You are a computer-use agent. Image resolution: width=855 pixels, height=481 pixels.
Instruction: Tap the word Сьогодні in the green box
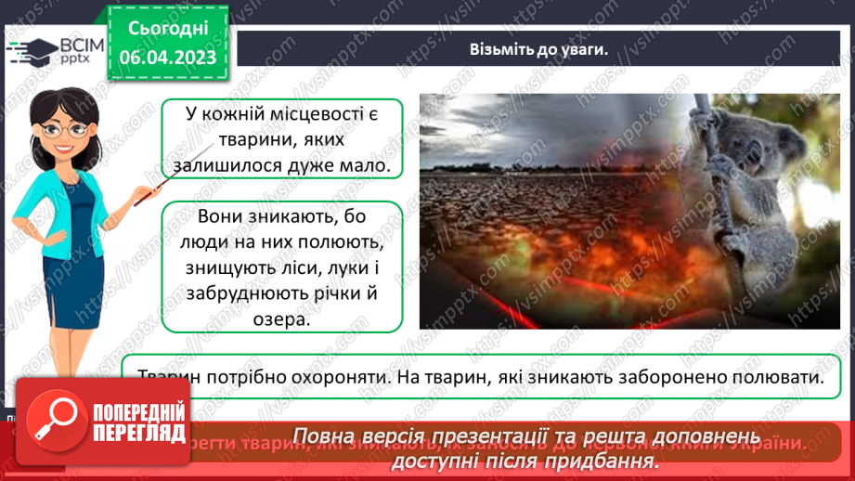(x=167, y=28)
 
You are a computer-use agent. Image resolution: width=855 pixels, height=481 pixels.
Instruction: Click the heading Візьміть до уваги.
(x=538, y=50)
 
